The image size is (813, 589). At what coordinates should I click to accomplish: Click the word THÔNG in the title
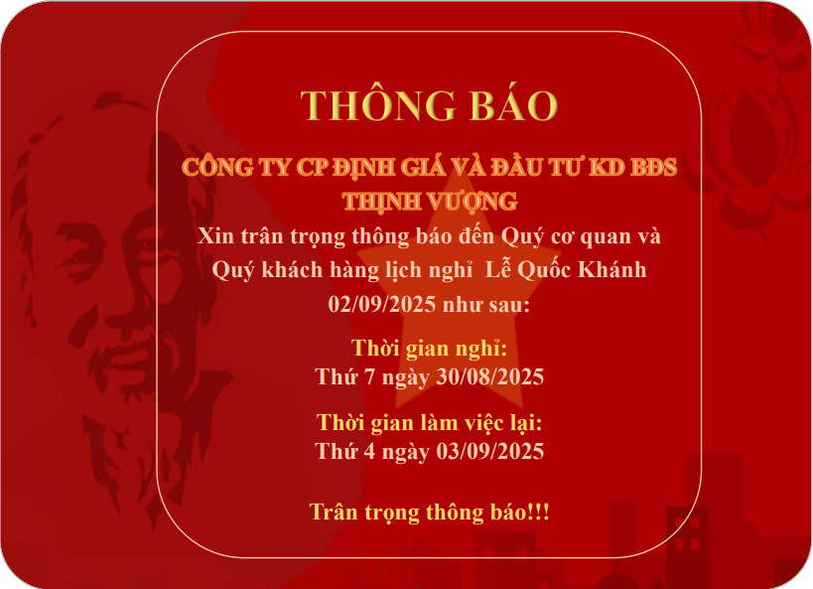pyautogui.click(x=378, y=104)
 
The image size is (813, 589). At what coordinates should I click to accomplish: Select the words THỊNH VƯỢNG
pyautogui.click(x=429, y=202)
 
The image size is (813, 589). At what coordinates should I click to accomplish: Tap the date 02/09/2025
pyautogui.click(x=381, y=304)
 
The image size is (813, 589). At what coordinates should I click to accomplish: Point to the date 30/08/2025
pyautogui.click(x=489, y=376)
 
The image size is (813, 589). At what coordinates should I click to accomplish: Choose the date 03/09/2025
pyautogui.click(x=489, y=451)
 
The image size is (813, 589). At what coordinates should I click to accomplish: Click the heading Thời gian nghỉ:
pyautogui.click(x=429, y=349)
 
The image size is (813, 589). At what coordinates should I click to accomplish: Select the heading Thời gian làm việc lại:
pyautogui.click(x=429, y=423)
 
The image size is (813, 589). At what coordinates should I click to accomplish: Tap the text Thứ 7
pyautogui.click(x=344, y=376)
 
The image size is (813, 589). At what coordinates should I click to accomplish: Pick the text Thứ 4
pyautogui.click(x=344, y=451)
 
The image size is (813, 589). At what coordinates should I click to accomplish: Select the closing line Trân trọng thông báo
pyautogui.click(x=420, y=513)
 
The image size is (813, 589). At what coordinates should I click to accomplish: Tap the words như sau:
pyautogui.click(x=485, y=305)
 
